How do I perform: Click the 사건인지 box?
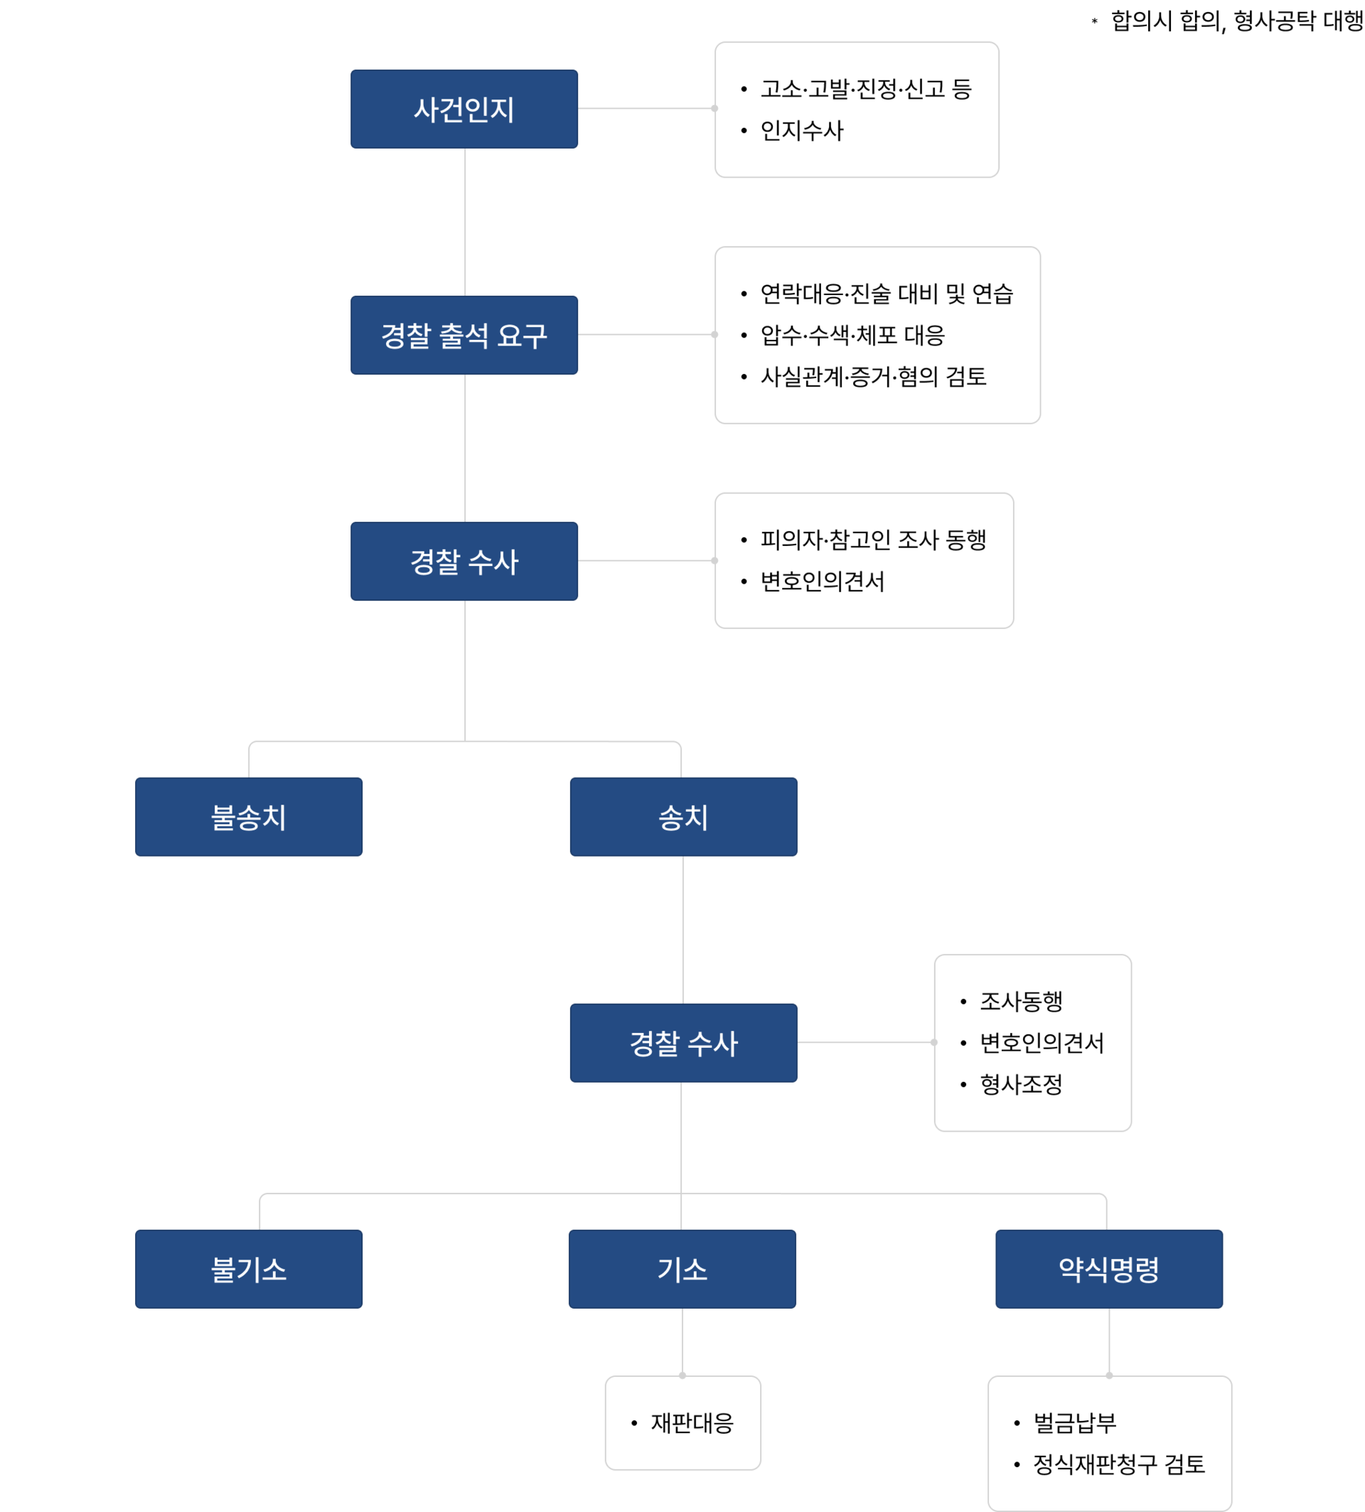pos(464,109)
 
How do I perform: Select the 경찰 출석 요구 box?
pos(464,336)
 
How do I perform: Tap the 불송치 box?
pos(248,817)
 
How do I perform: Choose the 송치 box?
pos(683,817)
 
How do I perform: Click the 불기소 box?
pos(248,1269)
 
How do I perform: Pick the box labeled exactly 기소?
pos(682,1269)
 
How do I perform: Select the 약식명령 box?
pos(1108,1269)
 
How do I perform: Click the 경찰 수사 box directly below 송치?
pos(683,1043)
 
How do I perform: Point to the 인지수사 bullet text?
pos(802,131)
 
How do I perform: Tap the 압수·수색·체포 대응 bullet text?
pos(852,336)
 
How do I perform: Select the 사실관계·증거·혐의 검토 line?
pos(873,377)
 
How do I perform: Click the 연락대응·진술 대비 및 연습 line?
pos(887,294)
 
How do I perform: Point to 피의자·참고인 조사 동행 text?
pos(873,540)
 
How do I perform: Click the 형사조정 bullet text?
pos(1021,1084)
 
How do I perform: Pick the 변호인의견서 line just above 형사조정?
pos(1042,1043)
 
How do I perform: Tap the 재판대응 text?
pos(692,1422)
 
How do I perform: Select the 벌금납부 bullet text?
pos(1075,1422)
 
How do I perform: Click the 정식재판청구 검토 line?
pos(1119,1464)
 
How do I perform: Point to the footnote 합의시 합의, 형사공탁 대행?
pos(1238,21)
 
